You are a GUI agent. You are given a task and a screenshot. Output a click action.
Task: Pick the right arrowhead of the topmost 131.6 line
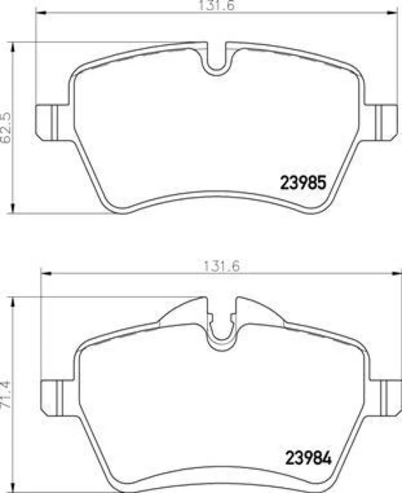click(392, 15)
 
